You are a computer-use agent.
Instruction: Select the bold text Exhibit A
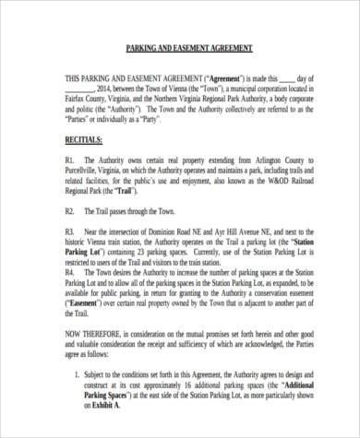point(105,429)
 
